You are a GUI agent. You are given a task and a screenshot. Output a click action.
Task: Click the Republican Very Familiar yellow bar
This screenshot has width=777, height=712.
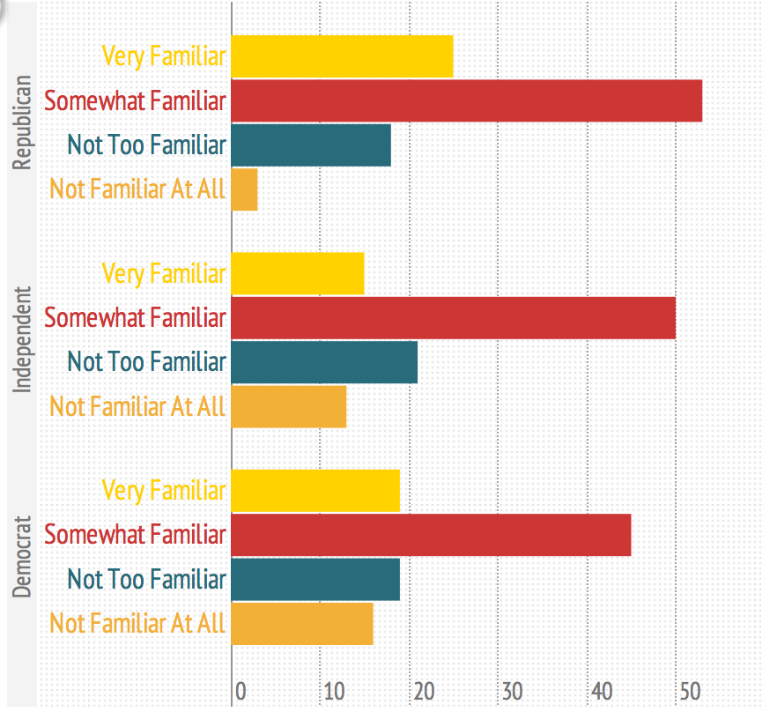(x=342, y=56)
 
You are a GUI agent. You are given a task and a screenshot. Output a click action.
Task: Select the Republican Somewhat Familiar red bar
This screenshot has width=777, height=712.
(x=466, y=100)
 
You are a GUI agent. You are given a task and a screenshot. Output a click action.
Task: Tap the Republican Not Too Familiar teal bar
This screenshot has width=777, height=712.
(x=311, y=145)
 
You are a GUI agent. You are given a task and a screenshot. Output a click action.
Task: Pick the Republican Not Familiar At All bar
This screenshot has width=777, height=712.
(x=244, y=189)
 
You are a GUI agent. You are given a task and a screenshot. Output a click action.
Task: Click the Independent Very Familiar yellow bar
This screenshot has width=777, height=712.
(x=298, y=273)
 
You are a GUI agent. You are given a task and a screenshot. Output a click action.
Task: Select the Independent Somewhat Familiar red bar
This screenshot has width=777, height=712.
(x=453, y=317)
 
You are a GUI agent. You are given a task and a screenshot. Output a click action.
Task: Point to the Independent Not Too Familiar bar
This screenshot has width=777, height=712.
(x=324, y=361)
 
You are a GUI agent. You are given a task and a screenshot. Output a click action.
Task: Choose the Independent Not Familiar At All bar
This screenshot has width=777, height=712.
(x=289, y=405)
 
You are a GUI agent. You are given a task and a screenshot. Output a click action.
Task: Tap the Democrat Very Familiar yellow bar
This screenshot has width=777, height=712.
(x=315, y=491)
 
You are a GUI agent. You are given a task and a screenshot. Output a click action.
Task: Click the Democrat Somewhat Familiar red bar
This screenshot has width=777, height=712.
(x=431, y=535)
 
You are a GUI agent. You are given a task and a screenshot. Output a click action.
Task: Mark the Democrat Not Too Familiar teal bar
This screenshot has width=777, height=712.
(x=315, y=579)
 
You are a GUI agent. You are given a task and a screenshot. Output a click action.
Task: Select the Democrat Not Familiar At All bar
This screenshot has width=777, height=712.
(x=302, y=623)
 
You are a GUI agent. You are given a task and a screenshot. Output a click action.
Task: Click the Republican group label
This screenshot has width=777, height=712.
(x=23, y=122)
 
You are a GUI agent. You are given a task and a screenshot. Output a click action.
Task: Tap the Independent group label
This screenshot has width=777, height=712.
(x=23, y=339)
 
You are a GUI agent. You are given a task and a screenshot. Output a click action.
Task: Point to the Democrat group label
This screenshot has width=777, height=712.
(x=23, y=557)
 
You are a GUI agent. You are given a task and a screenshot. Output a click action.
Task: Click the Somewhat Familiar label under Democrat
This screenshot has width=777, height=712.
(x=135, y=535)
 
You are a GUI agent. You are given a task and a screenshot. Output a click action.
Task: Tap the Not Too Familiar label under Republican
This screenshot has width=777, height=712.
(x=146, y=145)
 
